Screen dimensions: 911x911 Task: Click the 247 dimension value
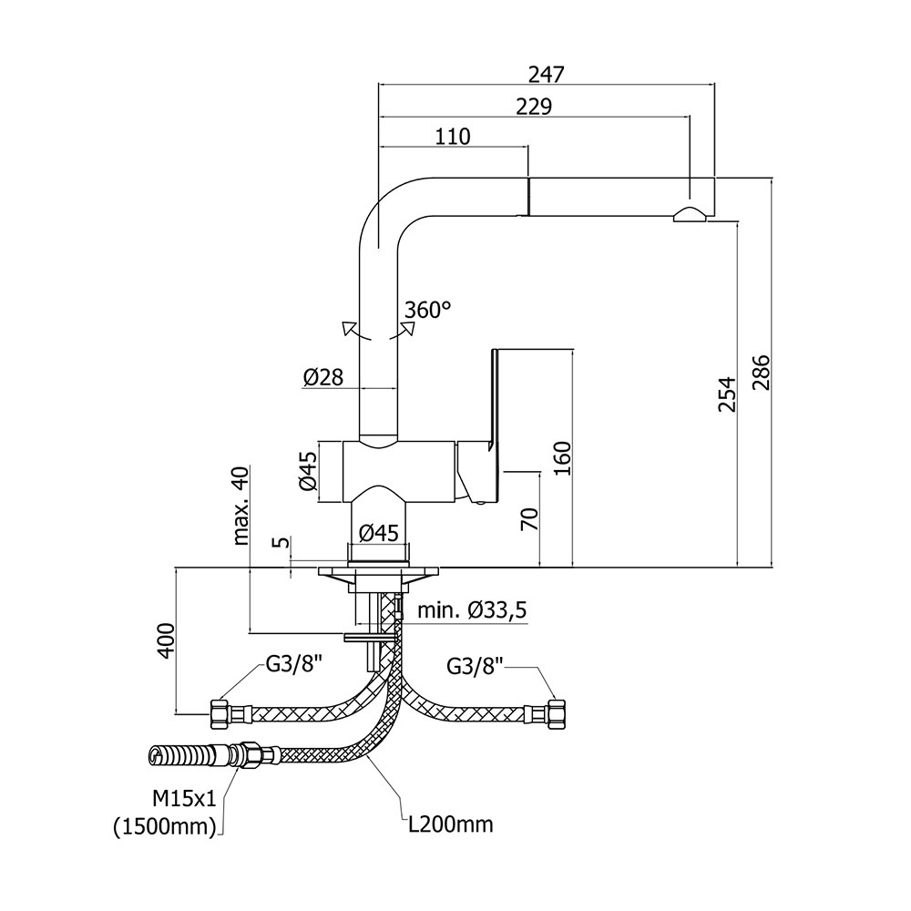tap(546, 75)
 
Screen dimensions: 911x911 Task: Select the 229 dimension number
tap(534, 107)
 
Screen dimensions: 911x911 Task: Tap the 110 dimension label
tap(453, 137)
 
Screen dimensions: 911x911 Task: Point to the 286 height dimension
tap(761, 372)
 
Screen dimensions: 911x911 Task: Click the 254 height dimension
tap(726, 394)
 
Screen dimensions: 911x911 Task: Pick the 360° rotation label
tap(427, 310)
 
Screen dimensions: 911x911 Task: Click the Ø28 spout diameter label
tap(323, 376)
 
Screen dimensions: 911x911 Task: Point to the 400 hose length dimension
tap(165, 641)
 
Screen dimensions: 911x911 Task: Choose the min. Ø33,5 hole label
tap(472, 609)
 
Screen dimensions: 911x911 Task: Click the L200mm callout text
tap(450, 825)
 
